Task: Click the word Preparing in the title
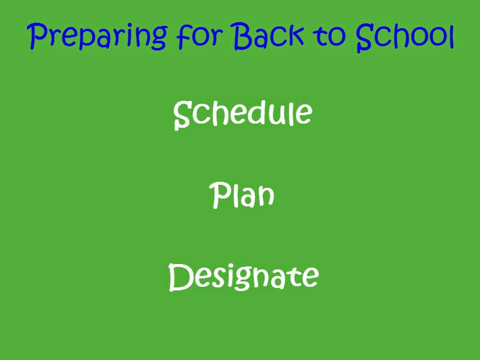[x=97, y=36]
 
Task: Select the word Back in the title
[x=269, y=35]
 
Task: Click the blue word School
[x=404, y=36]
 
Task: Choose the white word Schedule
[x=243, y=114]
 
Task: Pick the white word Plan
[x=242, y=194]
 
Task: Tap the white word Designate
[x=244, y=277]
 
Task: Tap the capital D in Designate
[x=181, y=277]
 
